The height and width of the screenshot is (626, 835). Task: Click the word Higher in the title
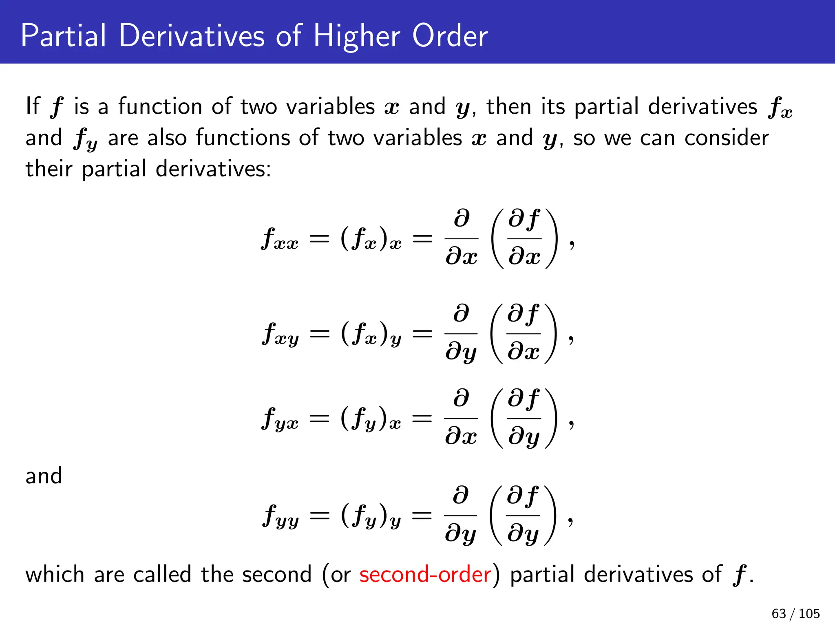(x=357, y=36)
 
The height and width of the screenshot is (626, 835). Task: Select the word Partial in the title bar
(x=63, y=36)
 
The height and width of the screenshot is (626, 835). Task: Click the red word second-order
(x=425, y=575)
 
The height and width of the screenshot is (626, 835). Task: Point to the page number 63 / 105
(x=795, y=613)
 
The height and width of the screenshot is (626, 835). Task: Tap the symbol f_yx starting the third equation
(x=280, y=419)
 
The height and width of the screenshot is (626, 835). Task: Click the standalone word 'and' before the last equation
(x=44, y=476)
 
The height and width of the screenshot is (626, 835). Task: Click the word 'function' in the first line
(x=160, y=107)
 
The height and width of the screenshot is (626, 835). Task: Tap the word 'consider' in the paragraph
(x=727, y=138)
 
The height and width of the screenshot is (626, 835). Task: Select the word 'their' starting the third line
(x=49, y=169)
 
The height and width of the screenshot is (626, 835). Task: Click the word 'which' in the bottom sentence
(x=55, y=575)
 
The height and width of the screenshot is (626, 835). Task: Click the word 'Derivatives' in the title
(x=192, y=36)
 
